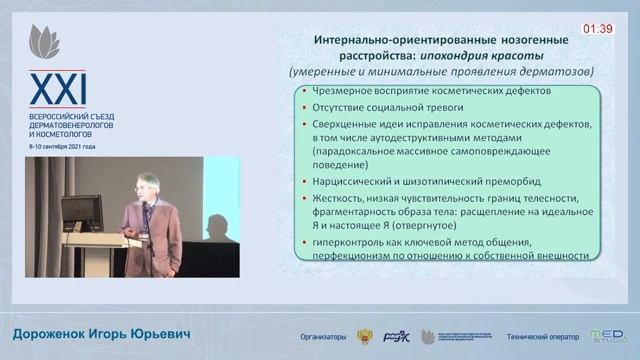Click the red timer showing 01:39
click(598, 29)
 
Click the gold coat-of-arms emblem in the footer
click(367, 336)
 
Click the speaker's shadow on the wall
click(178, 215)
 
